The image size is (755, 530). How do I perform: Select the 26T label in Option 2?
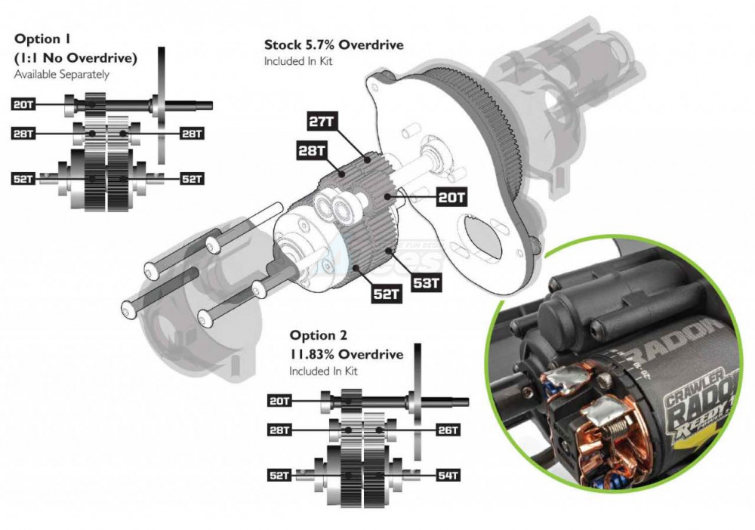coord(447,430)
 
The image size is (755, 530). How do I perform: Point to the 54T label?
coord(447,476)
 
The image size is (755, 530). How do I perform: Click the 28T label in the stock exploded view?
coord(310,150)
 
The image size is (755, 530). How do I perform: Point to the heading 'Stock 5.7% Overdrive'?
coord(333,45)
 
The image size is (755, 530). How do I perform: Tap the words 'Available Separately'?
coord(62,74)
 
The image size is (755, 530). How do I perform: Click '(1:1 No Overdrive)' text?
coord(75,57)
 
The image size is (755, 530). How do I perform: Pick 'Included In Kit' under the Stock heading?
coord(297,61)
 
